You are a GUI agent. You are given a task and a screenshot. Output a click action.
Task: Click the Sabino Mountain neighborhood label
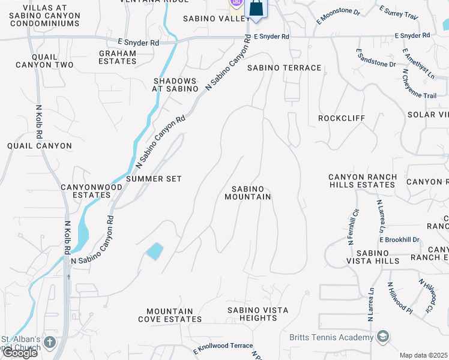pos(248,193)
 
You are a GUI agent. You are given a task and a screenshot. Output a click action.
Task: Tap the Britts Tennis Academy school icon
pos(383,337)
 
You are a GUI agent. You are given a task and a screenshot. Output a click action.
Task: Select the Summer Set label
pos(154,179)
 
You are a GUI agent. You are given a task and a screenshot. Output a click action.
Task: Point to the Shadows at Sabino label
pos(175,85)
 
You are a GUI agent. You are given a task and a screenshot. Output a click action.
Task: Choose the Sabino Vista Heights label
pos(257,314)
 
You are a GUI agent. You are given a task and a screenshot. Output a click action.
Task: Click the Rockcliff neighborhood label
pos(342,118)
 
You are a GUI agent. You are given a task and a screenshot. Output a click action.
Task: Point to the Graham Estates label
pos(118,57)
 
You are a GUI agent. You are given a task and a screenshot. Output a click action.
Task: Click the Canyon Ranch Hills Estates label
pos(362,181)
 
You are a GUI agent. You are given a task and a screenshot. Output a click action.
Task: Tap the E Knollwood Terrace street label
pos(223,347)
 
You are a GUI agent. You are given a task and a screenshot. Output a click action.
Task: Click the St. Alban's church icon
pos(49,343)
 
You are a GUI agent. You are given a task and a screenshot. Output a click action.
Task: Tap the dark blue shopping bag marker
pos(256,9)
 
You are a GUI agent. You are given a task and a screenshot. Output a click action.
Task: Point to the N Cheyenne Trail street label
pos(420,84)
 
